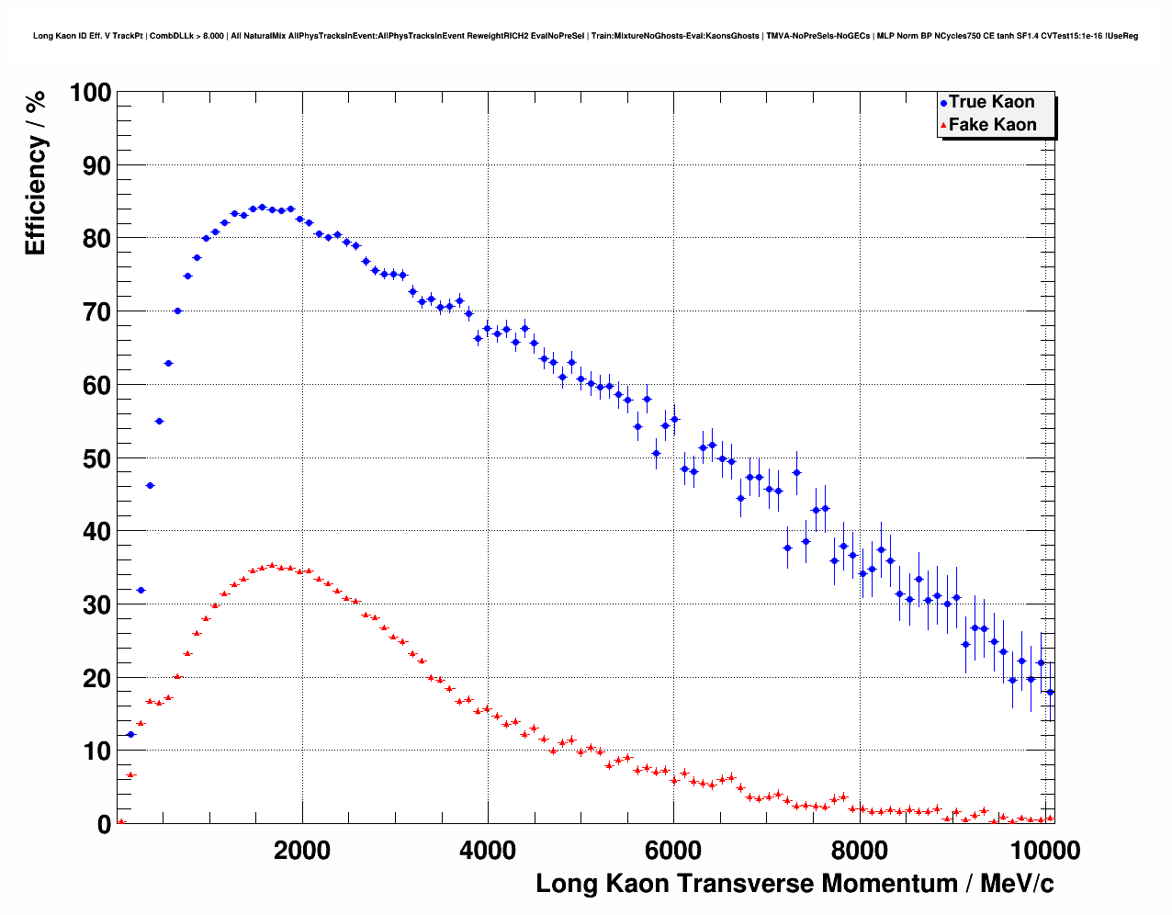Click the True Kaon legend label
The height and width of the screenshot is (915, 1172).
[991, 102]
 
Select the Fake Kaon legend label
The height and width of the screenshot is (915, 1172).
[992, 125]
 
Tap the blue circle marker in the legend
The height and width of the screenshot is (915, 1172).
[943, 103]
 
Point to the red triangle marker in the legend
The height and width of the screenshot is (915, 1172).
[943, 126]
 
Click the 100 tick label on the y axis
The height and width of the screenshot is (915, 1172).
[90, 93]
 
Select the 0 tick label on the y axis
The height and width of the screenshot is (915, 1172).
[104, 824]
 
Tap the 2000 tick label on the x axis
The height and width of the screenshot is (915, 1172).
[302, 850]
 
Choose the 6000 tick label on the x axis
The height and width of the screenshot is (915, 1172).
[673, 850]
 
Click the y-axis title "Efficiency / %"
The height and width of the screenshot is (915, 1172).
[35, 173]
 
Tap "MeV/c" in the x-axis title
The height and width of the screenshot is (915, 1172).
[1017, 884]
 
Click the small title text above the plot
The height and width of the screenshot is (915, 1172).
[585, 36]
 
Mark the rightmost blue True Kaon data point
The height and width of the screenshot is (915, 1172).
[1050, 692]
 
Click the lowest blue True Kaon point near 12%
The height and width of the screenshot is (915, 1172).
[130, 734]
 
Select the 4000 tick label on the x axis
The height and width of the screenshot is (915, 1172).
[488, 850]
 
